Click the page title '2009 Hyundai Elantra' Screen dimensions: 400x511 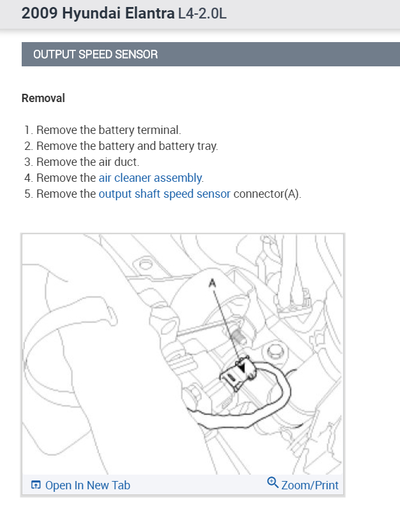pyautogui.click(x=98, y=13)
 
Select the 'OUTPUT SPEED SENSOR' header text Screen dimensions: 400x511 pyautogui.click(x=95, y=54)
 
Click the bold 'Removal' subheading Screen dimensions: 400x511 pyautogui.click(x=43, y=98)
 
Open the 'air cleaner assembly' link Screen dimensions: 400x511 pyautogui.click(x=151, y=178)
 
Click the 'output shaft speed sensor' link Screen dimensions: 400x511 pyautogui.click(x=165, y=194)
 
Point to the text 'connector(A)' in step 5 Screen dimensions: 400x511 pyautogui.click(x=267, y=194)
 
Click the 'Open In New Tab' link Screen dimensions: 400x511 pyautogui.click(x=87, y=485)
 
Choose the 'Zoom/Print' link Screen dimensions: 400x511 pyautogui.click(x=310, y=485)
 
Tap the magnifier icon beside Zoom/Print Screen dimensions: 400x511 pyautogui.click(x=272, y=482)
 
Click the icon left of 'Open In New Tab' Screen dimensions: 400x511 pyautogui.click(x=36, y=485)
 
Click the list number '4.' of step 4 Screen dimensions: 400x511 pyautogui.click(x=29, y=178)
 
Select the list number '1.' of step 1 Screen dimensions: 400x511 pyautogui.click(x=29, y=130)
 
